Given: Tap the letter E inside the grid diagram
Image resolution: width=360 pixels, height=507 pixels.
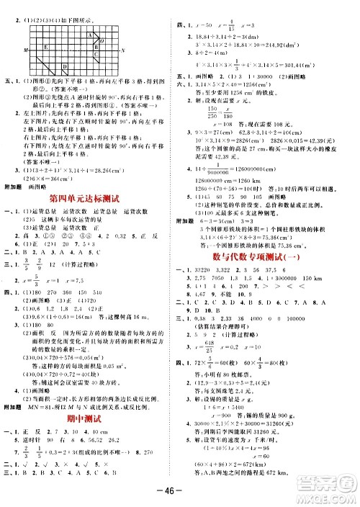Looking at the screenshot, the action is [x=45, y=47].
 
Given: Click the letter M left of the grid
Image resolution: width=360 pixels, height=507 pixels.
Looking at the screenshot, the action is [x=26, y=50].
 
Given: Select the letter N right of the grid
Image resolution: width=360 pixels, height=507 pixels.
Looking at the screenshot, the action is [x=123, y=50].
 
